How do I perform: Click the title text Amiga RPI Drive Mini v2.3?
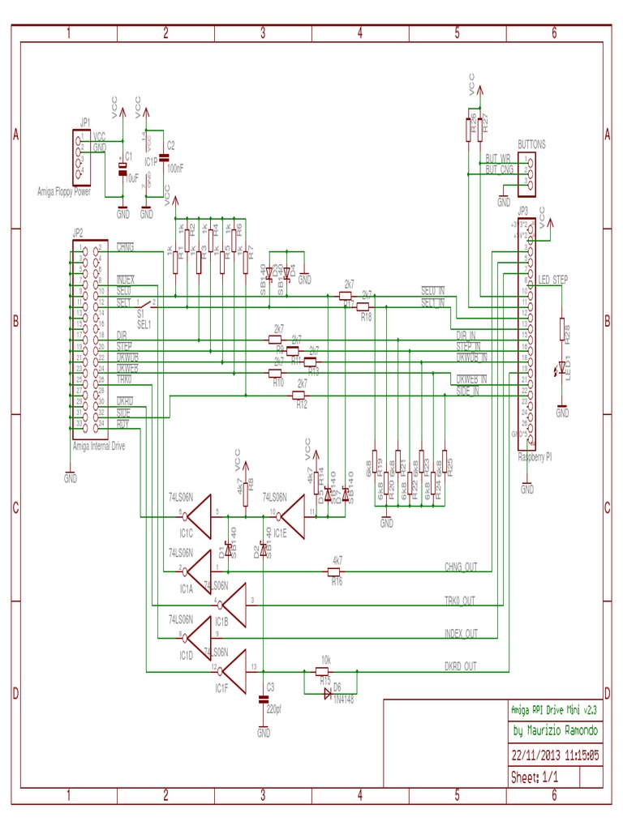pos(554,709)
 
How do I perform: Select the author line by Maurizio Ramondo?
pos(556,731)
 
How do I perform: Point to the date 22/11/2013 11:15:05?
pos(556,754)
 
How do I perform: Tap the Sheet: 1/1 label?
pos(535,777)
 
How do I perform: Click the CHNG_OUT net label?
pos(460,567)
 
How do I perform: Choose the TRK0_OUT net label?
pos(459,601)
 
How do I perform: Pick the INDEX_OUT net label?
pos(461,633)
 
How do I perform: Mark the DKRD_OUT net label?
pos(460,666)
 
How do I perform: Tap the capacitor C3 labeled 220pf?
pos(264,698)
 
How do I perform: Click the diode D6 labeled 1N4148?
pos(328,695)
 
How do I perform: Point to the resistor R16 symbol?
pos(335,572)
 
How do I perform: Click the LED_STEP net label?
pos(553,280)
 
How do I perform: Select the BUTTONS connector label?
pos(531,144)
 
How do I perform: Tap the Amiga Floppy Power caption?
pos(64,192)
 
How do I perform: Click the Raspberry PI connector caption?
pos(535,457)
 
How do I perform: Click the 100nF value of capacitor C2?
pos(174,168)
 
